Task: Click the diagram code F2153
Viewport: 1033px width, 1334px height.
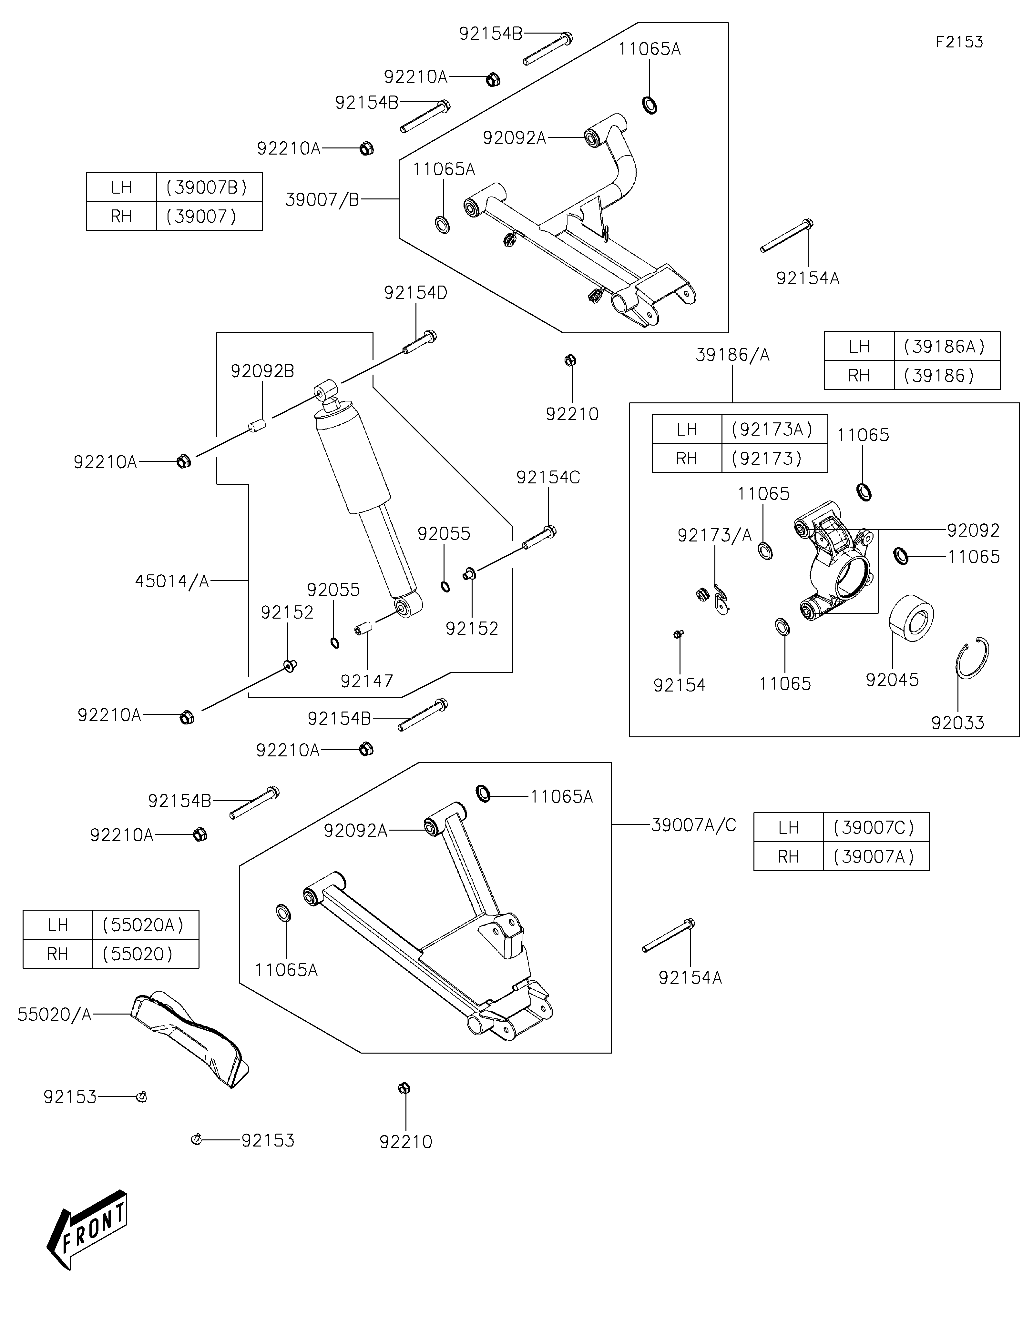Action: pos(959,42)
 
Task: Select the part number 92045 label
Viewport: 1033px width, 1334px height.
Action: pos(892,680)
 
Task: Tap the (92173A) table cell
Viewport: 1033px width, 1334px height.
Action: pos(775,430)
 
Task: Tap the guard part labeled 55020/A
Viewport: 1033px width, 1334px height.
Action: pos(190,1039)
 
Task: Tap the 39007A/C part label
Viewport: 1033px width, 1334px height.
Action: pos(694,825)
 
